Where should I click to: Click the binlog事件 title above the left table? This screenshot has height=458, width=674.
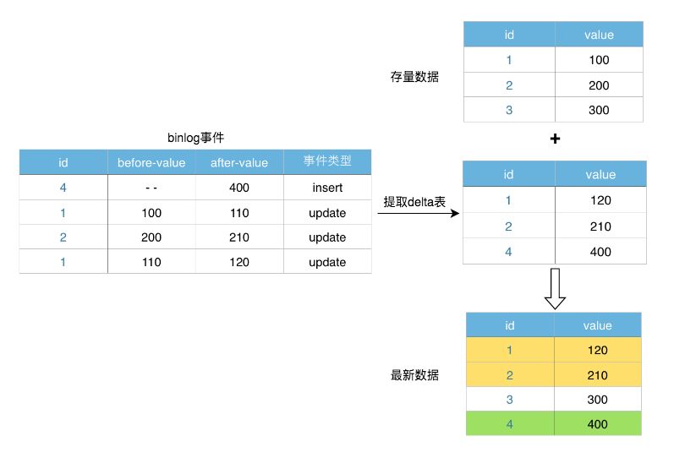195,137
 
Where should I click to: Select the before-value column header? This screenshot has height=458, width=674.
151,162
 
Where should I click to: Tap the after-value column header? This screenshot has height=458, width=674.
239,162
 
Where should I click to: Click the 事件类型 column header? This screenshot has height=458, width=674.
327,162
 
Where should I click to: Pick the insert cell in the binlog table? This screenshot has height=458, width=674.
327,188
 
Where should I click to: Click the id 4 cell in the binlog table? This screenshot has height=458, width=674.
63,188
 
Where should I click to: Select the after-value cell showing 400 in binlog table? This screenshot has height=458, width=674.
239,188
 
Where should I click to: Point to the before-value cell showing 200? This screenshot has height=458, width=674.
151,237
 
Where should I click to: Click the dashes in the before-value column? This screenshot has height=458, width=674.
151,188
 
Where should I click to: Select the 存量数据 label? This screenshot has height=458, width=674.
414,77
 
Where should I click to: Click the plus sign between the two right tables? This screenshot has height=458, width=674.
555,139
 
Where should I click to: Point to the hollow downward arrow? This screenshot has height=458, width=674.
555,289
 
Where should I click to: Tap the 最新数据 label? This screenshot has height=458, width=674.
414,375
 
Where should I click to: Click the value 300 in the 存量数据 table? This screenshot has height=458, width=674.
599,110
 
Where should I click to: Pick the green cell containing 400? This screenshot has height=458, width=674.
599,423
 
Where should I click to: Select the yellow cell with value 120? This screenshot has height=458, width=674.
599,350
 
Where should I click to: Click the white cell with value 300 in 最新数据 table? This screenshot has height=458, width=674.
599,399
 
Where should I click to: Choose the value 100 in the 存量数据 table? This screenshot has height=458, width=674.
599,60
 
